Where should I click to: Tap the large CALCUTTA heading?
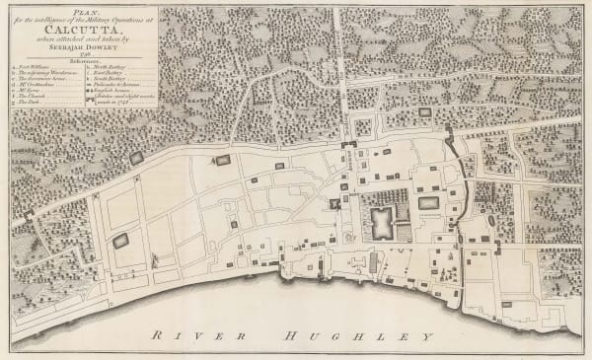pyautogui.click(x=82, y=29)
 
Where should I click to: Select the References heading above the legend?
pyautogui.click(x=82, y=62)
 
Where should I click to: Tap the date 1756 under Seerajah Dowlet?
pyautogui.click(x=82, y=54)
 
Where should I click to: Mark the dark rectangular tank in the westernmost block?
pyautogui.click(x=121, y=240)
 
